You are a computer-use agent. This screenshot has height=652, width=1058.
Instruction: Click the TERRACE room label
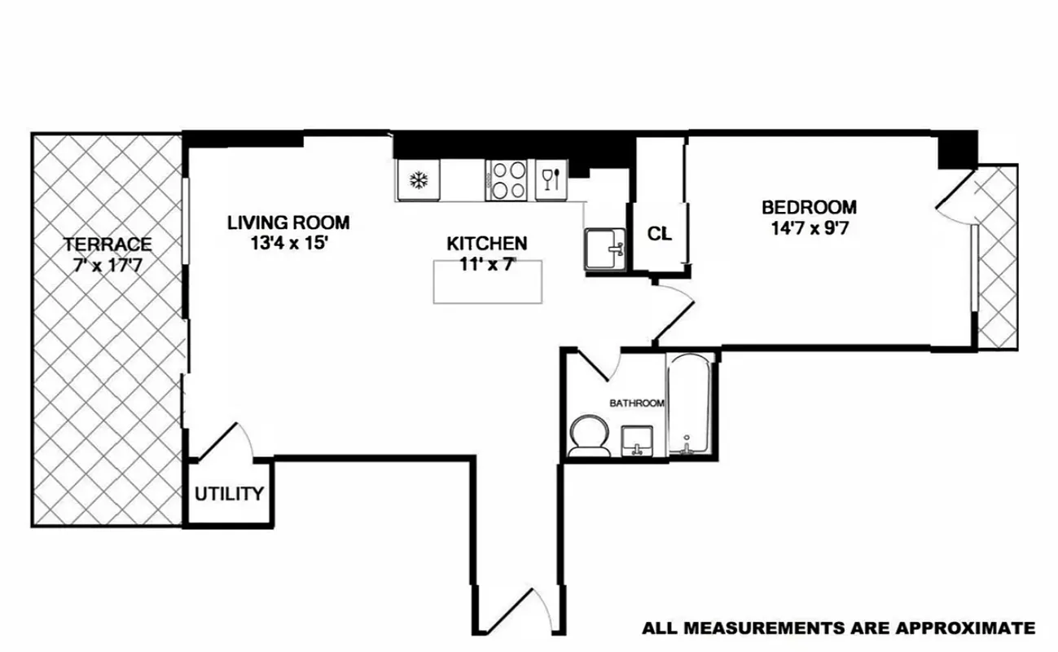pos(108,244)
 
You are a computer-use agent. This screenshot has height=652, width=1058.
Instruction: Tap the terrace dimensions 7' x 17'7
pos(108,264)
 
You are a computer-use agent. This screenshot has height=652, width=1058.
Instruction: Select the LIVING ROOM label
pos(288,222)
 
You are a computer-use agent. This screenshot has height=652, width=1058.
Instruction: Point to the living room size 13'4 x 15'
pos(288,242)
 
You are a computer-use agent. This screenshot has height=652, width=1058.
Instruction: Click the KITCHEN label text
pos(487,243)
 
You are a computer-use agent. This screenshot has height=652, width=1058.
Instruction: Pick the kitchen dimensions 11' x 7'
pos(487,264)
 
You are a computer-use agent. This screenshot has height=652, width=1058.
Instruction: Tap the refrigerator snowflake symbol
pos(419,180)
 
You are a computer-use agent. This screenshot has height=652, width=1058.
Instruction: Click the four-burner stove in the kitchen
pos(508,180)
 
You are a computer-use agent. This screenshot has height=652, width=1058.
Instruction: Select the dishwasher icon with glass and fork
pos(550,179)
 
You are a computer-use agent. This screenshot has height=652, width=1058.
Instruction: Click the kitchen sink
pos(604,248)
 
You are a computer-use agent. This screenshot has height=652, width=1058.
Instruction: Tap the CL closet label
pos(659,234)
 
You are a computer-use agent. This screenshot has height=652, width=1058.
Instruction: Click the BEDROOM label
pos(809,207)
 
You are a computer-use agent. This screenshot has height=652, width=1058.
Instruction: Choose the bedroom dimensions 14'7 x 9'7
pos(809,228)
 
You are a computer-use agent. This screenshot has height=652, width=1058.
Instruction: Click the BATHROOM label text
pos(638,403)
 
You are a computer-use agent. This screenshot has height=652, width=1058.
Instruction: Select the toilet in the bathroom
pos(587,435)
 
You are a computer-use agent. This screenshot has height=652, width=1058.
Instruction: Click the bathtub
pos(691,405)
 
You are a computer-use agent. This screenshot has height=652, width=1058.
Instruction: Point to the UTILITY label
pos(229,494)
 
